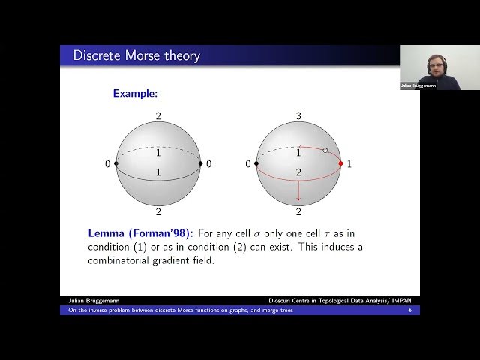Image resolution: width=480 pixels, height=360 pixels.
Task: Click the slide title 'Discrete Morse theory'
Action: click(136, 55)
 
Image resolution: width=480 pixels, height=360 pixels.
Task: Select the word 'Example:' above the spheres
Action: click(135, 94)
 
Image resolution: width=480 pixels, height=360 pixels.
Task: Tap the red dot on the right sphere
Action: click(341, 163)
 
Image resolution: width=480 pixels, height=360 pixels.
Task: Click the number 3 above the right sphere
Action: click(298, 116)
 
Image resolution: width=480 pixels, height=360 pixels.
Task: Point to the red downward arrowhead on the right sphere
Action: click(298, 199)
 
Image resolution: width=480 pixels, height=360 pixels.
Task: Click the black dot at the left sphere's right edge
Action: click(201, 163)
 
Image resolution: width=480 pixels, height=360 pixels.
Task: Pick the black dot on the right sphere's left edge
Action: click(256, 163)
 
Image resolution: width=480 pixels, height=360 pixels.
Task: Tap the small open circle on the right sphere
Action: click(325, 151)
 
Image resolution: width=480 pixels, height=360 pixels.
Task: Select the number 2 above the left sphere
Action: click(158, 116)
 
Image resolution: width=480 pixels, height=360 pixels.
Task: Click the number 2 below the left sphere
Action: click(158, 212)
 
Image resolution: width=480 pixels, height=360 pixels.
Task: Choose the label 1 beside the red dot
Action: click(349, 163)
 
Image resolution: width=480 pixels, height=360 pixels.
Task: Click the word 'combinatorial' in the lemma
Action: click(123, 260)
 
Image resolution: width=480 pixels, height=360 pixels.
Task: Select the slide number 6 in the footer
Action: click(410, 310)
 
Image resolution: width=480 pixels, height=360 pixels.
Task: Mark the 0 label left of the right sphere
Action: click(248, 163)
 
